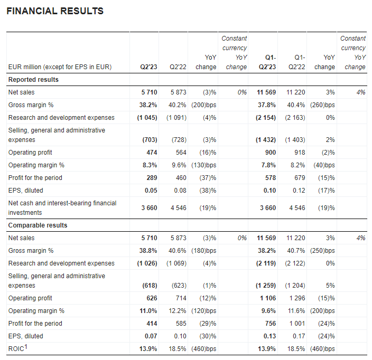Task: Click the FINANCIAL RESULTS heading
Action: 55,11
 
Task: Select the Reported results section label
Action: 33,80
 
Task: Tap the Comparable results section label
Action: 38,225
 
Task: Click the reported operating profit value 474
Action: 152,153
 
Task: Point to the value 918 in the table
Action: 300,153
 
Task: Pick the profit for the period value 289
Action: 152,178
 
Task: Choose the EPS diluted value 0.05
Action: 151,191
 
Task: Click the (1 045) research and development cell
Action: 147,118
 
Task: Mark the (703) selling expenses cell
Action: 150,140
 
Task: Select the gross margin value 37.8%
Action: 267,105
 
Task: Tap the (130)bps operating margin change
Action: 204,165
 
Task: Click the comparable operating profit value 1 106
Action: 268,298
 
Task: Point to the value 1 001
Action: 297,324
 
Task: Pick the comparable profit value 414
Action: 152,324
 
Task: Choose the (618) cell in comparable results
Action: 150,286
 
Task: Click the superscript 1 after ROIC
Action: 25,347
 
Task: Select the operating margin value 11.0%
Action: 148,311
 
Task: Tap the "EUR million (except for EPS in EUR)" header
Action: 60,67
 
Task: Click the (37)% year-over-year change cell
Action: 208,178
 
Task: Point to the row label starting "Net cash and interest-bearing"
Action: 62,208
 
